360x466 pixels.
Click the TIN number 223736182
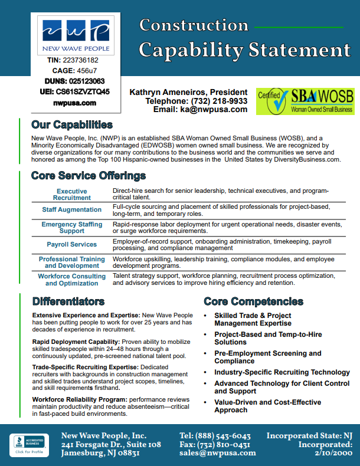80,60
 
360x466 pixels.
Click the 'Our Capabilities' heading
71,124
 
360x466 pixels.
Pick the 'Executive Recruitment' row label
71,195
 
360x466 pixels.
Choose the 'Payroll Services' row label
71,244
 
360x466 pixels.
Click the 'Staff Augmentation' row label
71,210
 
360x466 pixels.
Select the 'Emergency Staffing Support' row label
71,228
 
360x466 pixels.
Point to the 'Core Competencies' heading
253,301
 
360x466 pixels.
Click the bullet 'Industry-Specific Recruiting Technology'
282,372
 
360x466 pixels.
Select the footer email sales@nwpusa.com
218,453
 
